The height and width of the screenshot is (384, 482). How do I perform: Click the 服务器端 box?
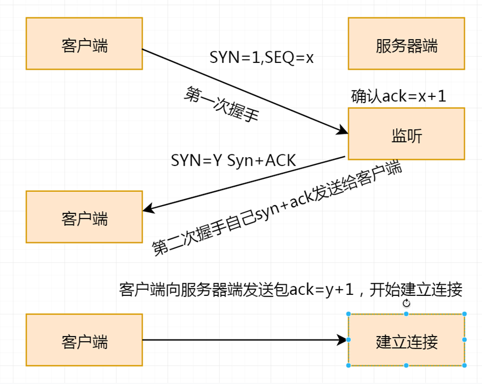tap(406, 43)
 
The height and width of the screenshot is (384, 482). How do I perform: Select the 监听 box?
tap(406, 134)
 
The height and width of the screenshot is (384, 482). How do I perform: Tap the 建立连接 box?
tap(406, 340)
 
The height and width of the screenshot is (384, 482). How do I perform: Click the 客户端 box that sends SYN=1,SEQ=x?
tap(84, 43)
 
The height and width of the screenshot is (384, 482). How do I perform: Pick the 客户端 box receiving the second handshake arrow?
tap(84, 217)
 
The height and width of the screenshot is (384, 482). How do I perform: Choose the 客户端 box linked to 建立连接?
tap(84, 340)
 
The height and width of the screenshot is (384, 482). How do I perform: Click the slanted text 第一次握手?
tap(221, 104)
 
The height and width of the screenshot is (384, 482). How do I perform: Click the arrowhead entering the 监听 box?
tap(343, 132)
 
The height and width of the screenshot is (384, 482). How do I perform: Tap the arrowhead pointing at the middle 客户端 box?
tap(148, 210)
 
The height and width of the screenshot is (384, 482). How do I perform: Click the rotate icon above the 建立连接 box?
tap(406, 303)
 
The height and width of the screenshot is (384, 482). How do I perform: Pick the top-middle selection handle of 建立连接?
tap(406, 314)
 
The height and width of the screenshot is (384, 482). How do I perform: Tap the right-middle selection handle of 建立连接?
tap(464, 340)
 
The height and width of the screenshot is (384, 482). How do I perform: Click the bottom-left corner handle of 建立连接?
tap(349, 366)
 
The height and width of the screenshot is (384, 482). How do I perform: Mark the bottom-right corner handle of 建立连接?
tap(464, 366)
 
